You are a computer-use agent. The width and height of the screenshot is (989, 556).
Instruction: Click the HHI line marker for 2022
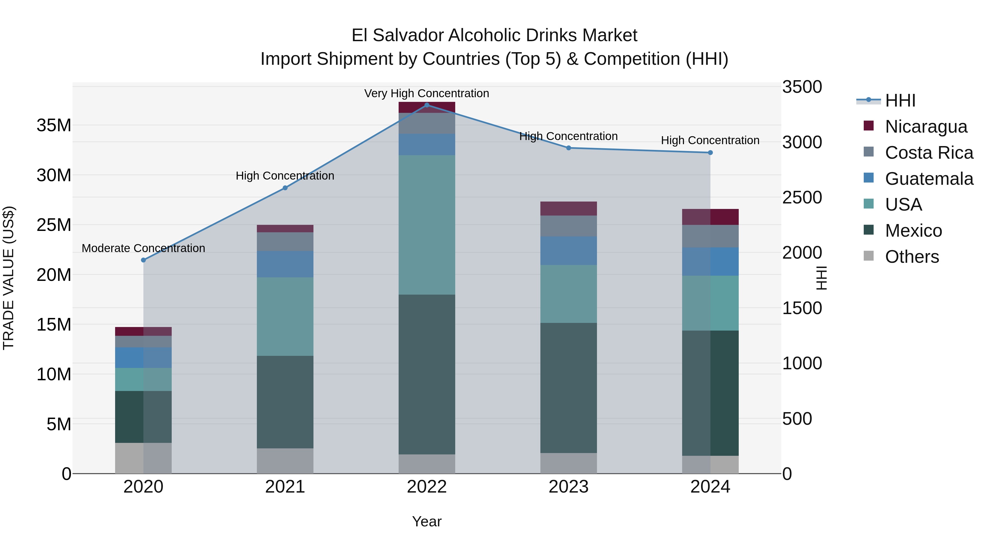427,105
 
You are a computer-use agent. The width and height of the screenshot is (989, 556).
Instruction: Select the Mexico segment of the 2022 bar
427,374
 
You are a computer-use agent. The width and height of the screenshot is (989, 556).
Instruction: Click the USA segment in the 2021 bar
285,317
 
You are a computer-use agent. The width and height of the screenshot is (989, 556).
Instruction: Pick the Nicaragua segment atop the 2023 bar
568,208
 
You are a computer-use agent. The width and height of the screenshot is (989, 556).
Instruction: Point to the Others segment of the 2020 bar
143,458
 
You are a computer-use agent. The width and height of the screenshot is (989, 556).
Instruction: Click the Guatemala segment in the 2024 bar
710,261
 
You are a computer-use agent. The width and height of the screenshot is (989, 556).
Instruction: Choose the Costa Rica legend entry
929,153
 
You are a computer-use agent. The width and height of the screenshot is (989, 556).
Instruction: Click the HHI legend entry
900,100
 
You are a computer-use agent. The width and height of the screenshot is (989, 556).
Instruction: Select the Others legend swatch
868,256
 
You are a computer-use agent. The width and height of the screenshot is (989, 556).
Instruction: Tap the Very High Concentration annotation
427,93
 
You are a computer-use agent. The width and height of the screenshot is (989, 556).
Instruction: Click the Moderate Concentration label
143,248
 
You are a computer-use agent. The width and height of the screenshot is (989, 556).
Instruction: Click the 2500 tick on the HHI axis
802,198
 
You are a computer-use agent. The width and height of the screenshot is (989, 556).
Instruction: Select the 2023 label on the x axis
568,487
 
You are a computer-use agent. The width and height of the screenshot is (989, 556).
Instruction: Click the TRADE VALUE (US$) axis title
9,278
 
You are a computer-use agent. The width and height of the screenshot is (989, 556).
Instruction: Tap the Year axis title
427,521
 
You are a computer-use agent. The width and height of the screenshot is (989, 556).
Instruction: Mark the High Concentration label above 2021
285,176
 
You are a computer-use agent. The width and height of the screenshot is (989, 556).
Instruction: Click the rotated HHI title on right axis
821,278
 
